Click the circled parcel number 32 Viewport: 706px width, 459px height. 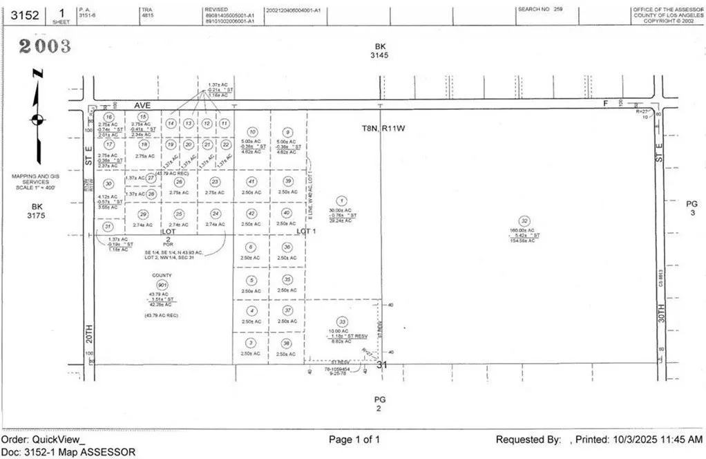point(525,221)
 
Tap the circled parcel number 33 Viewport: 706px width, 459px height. point(341,321)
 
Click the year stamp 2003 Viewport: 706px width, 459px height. point(45,46)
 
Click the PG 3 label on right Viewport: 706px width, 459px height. point(691,208)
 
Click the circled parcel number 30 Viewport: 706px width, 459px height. point(108,183)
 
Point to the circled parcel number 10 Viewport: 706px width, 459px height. point(252,131)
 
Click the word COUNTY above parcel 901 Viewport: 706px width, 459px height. point(162,275)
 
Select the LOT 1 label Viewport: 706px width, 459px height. point(306,231)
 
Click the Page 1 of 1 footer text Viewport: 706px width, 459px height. point(354,440)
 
